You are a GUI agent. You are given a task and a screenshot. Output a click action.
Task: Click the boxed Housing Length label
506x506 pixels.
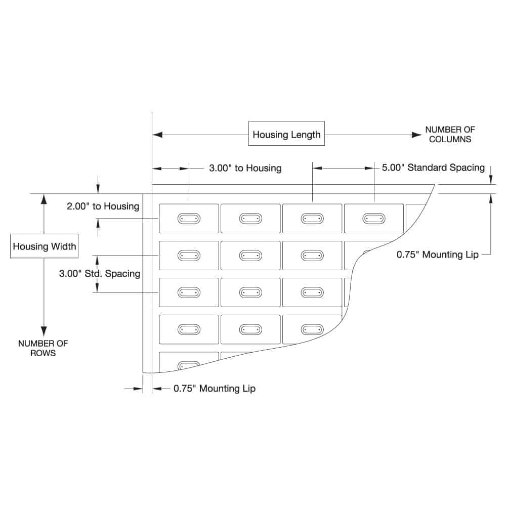point(286,135)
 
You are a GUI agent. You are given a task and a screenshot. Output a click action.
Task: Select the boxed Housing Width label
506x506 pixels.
point(44,246)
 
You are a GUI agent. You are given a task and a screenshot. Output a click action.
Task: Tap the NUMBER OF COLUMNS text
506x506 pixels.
point(450,134)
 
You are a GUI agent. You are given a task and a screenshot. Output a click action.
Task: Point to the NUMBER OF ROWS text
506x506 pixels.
point(43,348)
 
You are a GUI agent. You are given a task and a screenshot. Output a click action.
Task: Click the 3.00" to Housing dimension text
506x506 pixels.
point(245,168)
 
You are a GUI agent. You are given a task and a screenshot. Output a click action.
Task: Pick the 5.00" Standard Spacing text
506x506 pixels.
point(433,167)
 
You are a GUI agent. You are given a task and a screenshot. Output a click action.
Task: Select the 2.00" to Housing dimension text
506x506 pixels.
point(103,206)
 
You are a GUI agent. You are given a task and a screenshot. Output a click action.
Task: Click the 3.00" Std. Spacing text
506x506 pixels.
point(100,274)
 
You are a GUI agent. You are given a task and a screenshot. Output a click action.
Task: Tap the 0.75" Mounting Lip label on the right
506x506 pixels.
point(438,255)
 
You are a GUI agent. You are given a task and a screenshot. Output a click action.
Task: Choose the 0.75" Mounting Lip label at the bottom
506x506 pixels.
point(215,389)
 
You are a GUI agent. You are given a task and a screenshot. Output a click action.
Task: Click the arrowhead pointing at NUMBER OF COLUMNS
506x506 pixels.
point(417,135)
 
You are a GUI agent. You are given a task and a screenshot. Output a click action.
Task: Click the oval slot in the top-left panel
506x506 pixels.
point(189,219)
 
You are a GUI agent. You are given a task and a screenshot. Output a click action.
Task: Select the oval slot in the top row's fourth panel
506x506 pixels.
point(374,219)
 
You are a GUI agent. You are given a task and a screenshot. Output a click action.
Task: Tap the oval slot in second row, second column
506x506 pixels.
point(250,256)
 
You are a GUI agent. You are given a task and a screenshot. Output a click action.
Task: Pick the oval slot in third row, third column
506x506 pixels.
point(312,292)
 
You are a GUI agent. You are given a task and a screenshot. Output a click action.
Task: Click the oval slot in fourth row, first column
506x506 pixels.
point(189,329)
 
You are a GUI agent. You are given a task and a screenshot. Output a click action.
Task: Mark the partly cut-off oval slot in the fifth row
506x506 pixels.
point(189,365)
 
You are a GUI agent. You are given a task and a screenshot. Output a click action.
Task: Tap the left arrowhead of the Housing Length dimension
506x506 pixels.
point(157,135)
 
